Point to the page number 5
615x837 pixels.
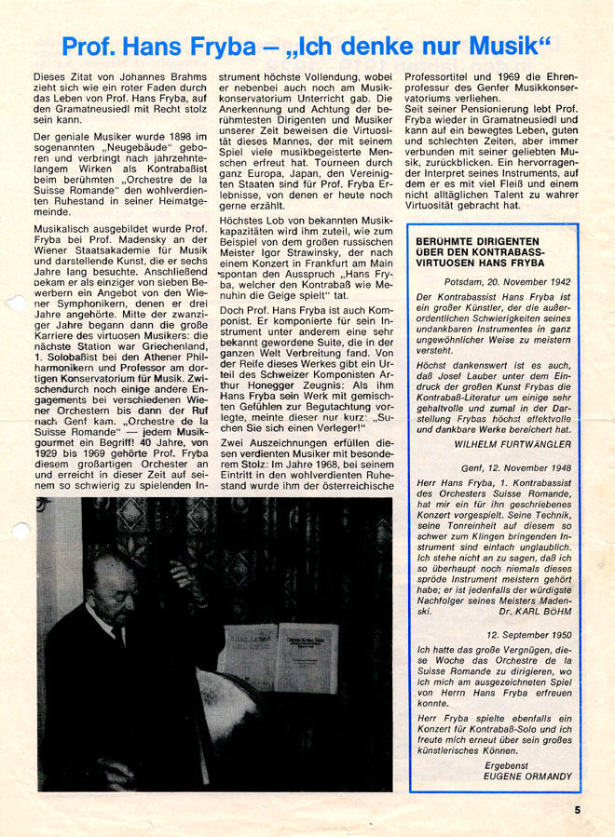coord(578,809)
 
